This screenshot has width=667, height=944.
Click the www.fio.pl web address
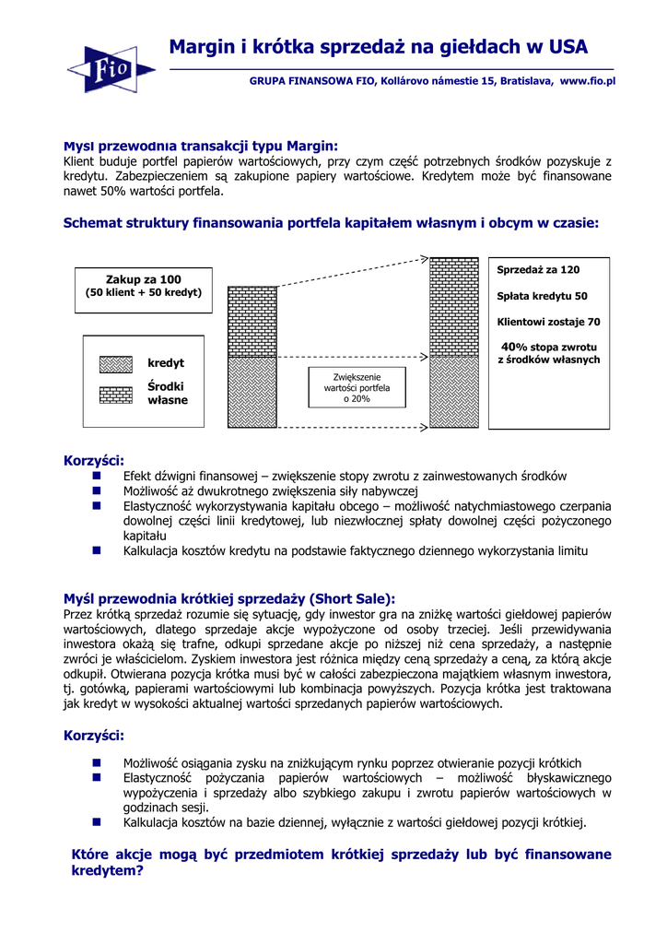pyautogui.click(x=587, y=81)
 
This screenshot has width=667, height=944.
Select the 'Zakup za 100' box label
pyautogui.click(x=144, y=279)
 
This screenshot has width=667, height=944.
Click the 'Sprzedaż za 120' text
pyautogui.click(x=538, y=270)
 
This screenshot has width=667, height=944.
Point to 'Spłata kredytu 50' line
pyautogui.click(x=542, y=297)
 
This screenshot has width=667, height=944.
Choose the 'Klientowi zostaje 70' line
pyautogui.click(x=548, y=323)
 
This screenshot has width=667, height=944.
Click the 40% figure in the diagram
pyautogui.click(x=514, y=347)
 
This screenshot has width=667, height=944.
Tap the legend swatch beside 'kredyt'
pyautogui.click(x=116, y=363)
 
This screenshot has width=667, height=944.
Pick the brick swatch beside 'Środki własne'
pyautogui.click(x=116, y=395)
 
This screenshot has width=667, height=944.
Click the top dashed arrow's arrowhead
pyautogui.click(x=424, y=259)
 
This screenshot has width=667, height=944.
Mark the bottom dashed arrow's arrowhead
pyautogui.click(x=424, y=428)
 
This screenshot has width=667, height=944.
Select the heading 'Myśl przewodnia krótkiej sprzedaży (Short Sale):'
pyautogui.click(x=228, y=598)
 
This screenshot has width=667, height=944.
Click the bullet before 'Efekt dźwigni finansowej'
pyautogui.click(x=96, y=476)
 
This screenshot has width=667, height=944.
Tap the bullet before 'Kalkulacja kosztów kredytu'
pyautogui.click(x=96, y=550)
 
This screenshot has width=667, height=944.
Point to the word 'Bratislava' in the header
pyautogui.click(x=524, y=81)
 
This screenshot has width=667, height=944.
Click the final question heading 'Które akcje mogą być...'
pyautogui.click(x=341, y=862)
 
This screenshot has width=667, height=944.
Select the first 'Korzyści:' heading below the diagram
pyautogui.click(x=93, y=460)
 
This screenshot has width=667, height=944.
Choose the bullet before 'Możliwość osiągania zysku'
pyautogui.click(x=96, y=762)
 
